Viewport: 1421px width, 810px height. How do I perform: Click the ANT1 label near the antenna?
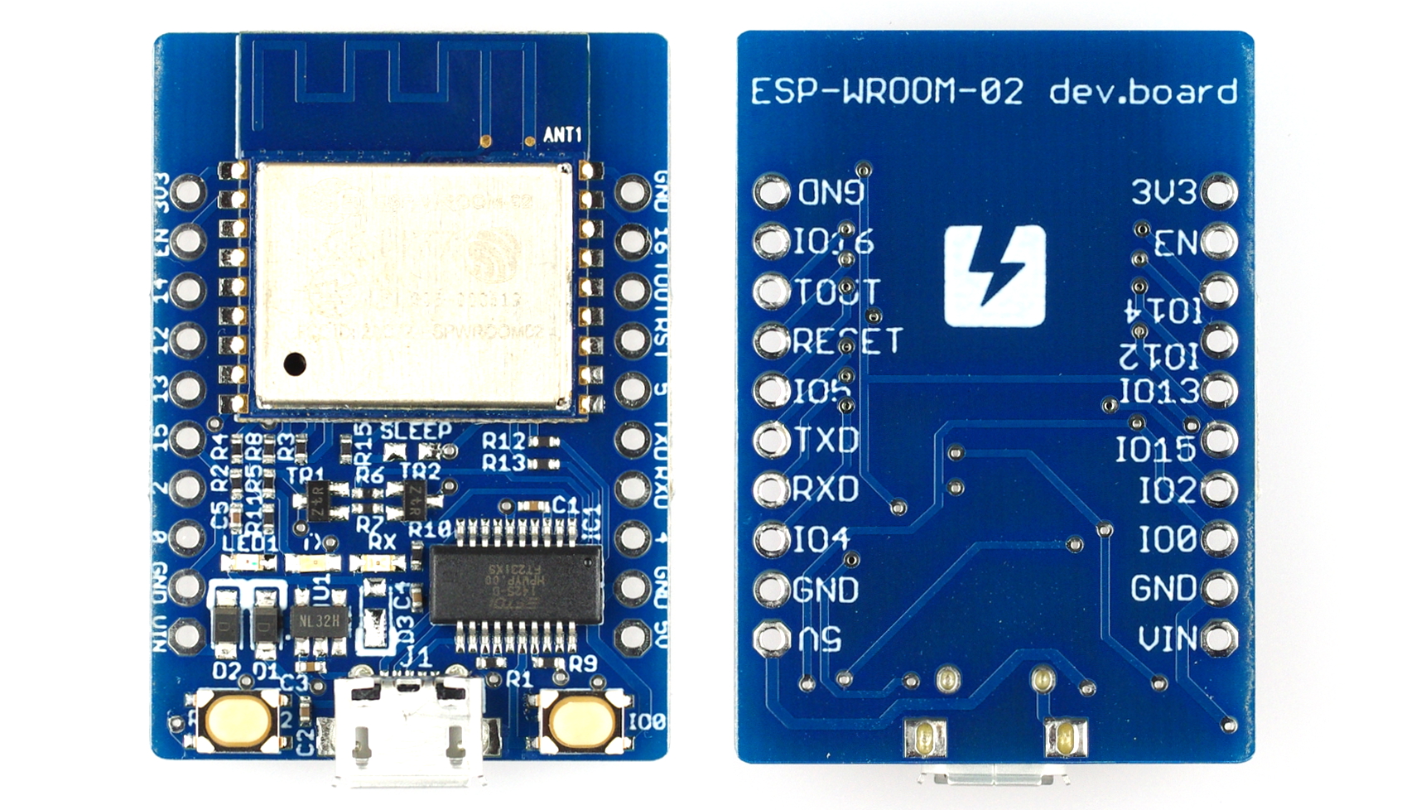(562, 134)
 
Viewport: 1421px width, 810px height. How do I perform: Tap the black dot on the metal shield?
(294, 363)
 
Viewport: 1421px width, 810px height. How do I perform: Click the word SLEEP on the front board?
(416, 431)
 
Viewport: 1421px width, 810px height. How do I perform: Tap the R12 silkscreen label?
(504, 442)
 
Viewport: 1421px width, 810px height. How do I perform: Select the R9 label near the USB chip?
(583, 663)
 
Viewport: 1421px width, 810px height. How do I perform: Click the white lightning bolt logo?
(995, 276)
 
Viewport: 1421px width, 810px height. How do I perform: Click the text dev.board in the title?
(1143, 91)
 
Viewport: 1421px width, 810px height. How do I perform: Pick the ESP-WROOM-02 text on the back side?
(887, 91)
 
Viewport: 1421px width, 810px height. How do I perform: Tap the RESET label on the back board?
(847, 340)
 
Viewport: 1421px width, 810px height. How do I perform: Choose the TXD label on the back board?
(826, 440)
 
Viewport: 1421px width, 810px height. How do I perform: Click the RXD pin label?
(825, 489)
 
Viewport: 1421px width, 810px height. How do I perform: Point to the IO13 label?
(1158, 391)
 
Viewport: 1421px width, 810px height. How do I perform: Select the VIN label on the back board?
(1167, 639)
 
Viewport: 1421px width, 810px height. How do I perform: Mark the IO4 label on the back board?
(821, 540)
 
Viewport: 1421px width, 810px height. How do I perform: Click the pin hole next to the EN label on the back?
(1219, 242)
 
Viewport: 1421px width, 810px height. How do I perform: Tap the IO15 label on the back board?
(1154, 450)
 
